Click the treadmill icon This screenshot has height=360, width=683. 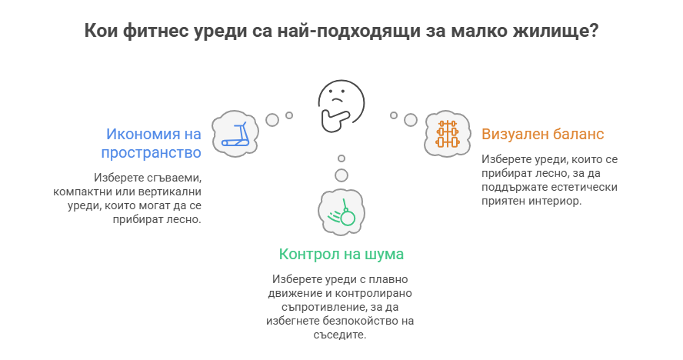point(235,133)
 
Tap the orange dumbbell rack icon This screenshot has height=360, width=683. point(447,133)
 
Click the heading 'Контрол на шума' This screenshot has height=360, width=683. point(341,254)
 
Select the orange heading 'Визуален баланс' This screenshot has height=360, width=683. point(542,134)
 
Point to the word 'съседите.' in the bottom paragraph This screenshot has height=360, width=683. point(341,335)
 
